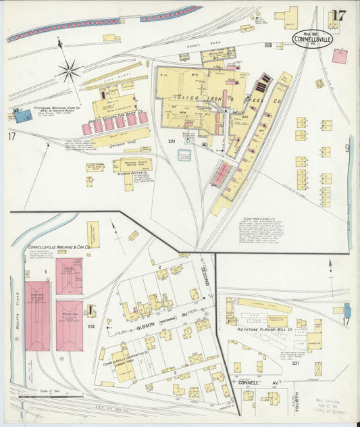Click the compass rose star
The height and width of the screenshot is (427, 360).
69,68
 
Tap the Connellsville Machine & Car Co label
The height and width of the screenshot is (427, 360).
59,247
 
